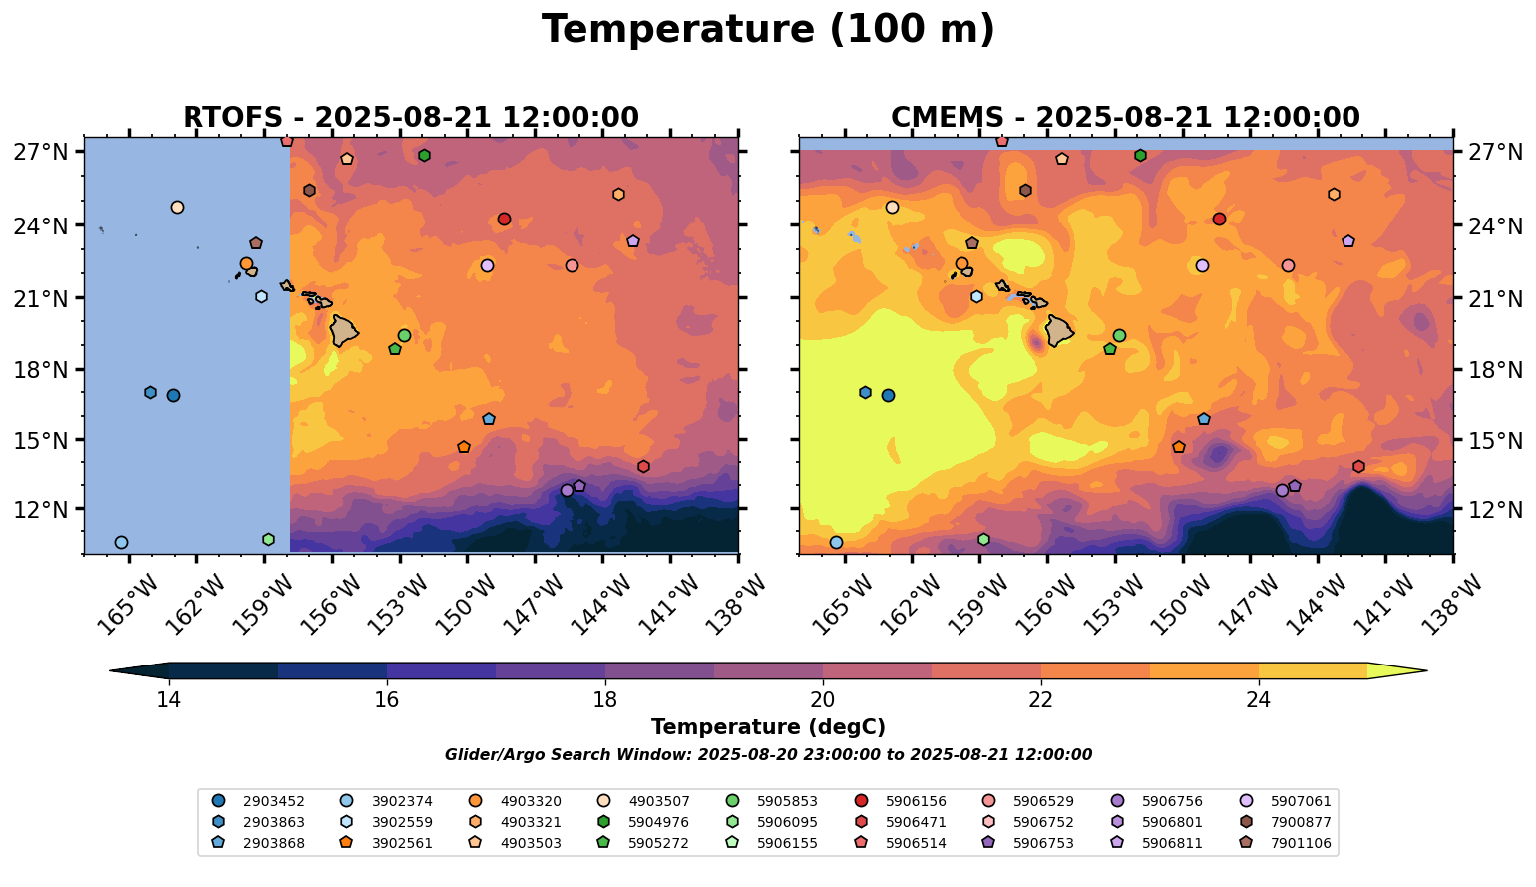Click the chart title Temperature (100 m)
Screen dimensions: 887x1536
pyautogui.click(x=768, y=30)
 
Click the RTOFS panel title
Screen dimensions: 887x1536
pyautogui.click(x=410, y=117)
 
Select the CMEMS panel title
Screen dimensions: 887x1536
pyautogui.click(x=1125, y=117)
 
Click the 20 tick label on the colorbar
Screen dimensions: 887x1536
pyautogui.click(x=823, y=699)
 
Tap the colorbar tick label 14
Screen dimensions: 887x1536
pyautogui.click(x=169, y=699)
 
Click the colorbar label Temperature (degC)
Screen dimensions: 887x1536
pyautogui.click(x=768, y=727)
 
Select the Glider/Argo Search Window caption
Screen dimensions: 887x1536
pyautogui.click(x=768, y=755)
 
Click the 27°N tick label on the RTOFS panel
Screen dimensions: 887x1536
pyautogui.click(x=40, y=152)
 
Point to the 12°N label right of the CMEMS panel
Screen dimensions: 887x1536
pyautogui.click(x=1496, y=509)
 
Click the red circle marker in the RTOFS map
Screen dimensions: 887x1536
pyautogui.click(x=504, y=219)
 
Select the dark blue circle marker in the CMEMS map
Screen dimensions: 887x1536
pyautogui.click(x=888, y=395)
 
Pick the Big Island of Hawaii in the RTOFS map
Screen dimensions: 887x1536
pyautogui.click(x=344, y=331)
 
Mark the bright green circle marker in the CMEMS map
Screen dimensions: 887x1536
pyautogui.click(x=1119, y=335)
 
